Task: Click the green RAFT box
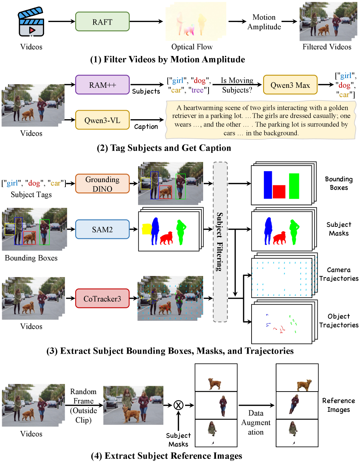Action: point(102,22)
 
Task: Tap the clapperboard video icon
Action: point(31,22)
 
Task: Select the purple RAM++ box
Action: point(102,85)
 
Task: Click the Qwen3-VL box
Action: point(102,120)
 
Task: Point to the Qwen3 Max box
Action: point(290,85)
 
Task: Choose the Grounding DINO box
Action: point(102,184)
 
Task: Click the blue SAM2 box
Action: point(102,229)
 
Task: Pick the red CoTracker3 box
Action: point(102,298)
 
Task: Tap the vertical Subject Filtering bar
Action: point(220,242)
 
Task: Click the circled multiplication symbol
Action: point(179,405)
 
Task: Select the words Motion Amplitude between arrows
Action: point(264,22)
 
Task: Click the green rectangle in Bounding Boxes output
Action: point(294,186)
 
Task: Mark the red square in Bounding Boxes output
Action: point(279,191)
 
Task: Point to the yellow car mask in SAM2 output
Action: point(146,229)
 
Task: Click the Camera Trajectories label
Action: point(339,274)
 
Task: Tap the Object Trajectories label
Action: point(339,321)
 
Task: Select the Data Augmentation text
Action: point(256,423)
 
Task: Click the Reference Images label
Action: point(338,405)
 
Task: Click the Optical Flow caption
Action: point(192,47)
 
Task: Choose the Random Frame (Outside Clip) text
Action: point(83,406)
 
